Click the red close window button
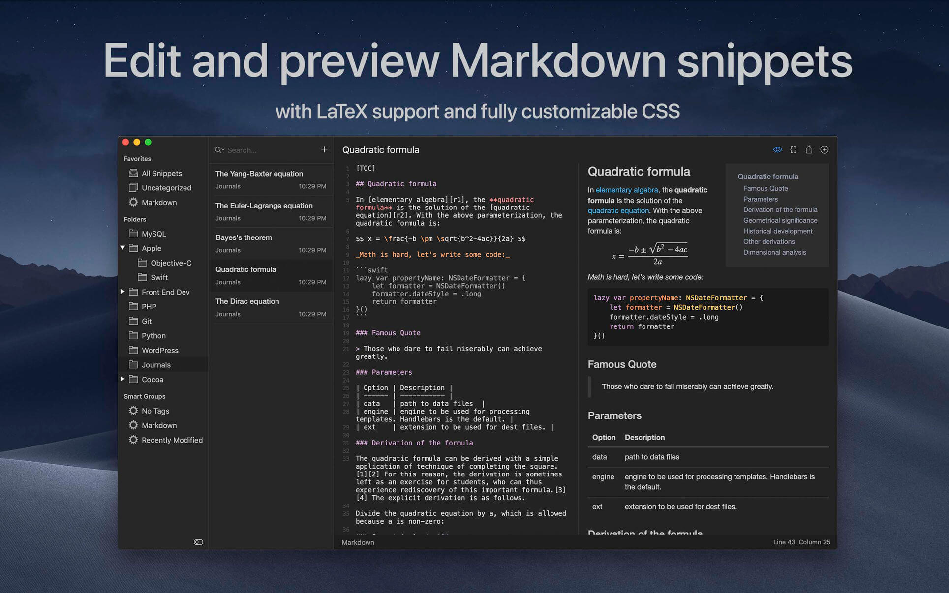(x=125, y=142)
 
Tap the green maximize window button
(x=148, y=142)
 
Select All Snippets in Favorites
(x=162, y=173)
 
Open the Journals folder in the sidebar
(x=156, y=365)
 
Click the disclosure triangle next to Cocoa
(x=122, y=379)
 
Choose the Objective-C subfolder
(x=171, y=263)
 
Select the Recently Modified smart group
(x=172, y=440)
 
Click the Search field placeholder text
(x=242, y=150)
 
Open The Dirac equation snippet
(x=247, y=301)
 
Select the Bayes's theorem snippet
(x=244, y=237)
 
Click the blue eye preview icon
(x=777, y=149)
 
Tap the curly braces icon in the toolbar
(x=793, y=149)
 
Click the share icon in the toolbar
(x=809, y=149)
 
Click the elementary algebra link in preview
(x=627, y=190)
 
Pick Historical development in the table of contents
(x=778, y=231)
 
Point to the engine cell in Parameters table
(x=603, y=477)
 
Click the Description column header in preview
(x=644, y=437)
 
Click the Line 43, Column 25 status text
(x=801, y=542)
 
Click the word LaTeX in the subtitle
(x=341, y=111)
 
